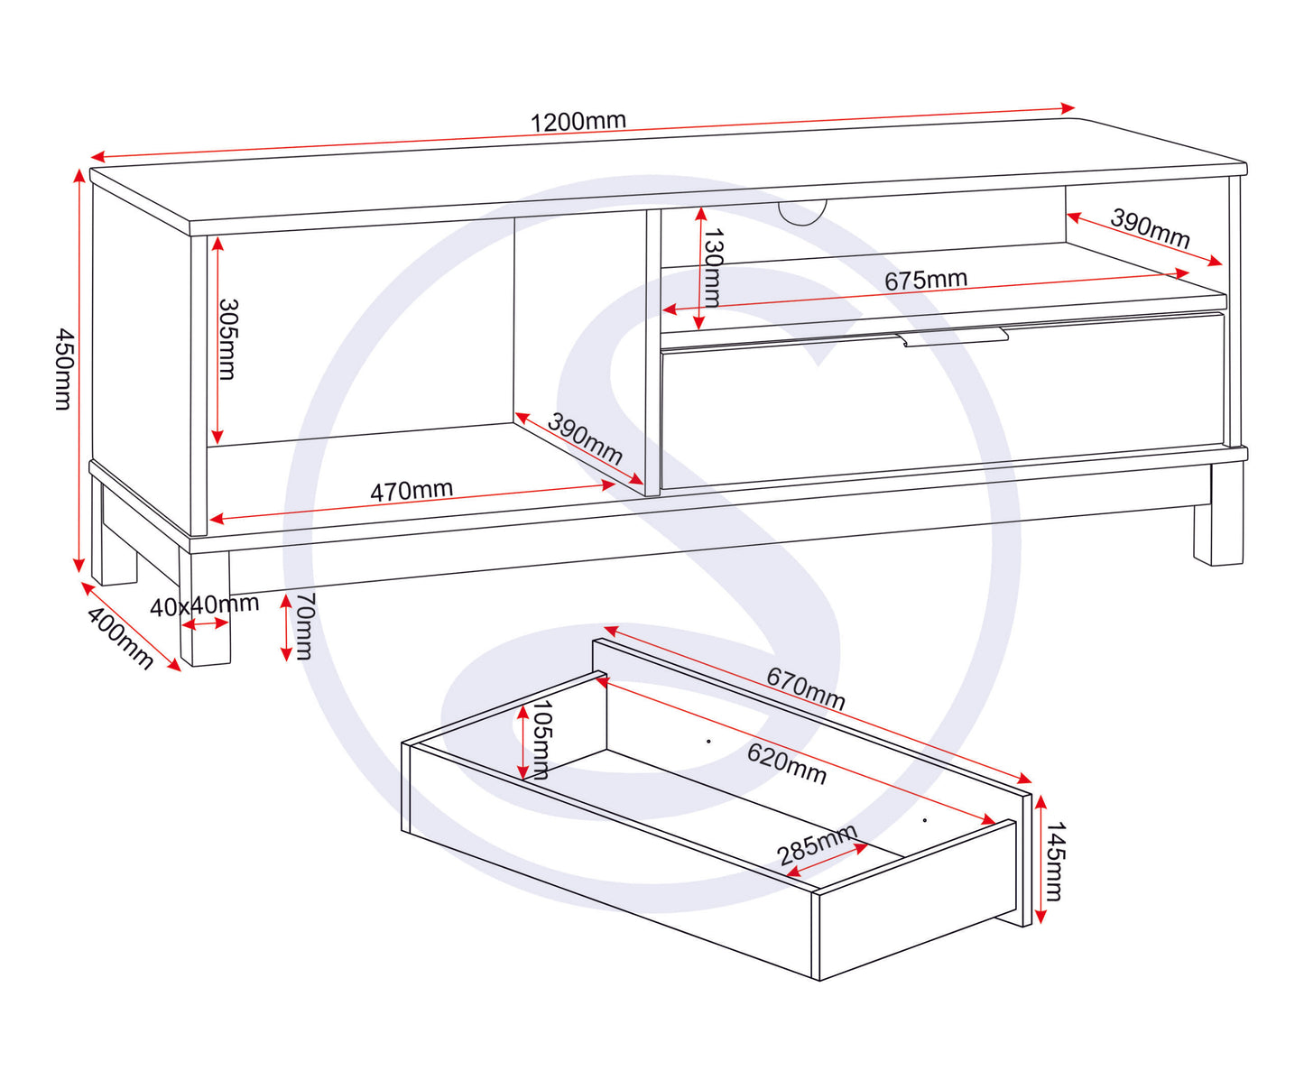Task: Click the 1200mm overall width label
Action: (x=578, y=122)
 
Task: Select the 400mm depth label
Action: (x=119, y=637)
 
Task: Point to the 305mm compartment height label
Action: (x=227, y=339)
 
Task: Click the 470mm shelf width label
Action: (x=412, y=490)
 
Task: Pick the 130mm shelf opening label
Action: (x=713, y=268)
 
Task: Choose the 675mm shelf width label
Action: (x=925, y=280)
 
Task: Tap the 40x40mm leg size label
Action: (x=204, y=605)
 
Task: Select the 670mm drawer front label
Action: (x=806, y=688)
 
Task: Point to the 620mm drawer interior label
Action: (x=786, y=763)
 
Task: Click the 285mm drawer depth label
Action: (x=817, y=844)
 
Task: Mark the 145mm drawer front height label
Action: (x=1054, y=861)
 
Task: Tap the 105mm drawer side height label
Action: (x=541, y=739)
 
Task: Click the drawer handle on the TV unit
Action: (x=955, y=337)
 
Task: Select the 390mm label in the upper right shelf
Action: (x=1150, y=228)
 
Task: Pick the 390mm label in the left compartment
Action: (x=585, y=438)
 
